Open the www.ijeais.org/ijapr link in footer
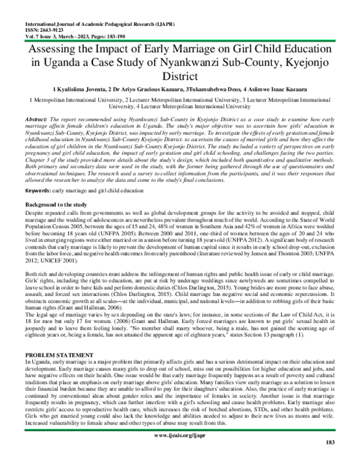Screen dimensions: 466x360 180,450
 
